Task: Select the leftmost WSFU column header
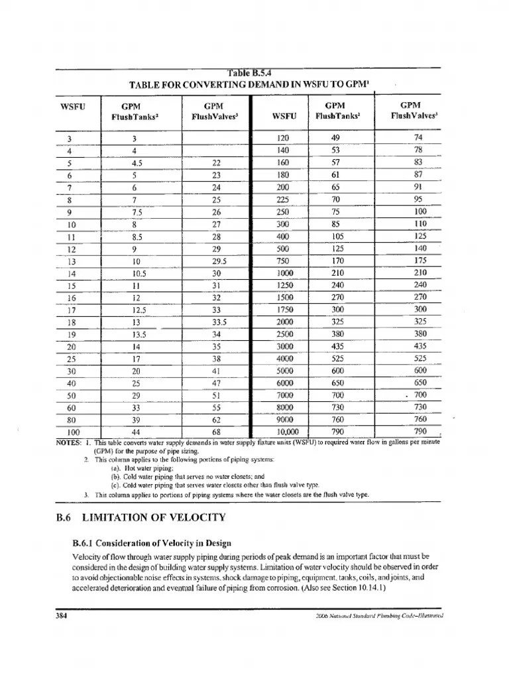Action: click(68, 105)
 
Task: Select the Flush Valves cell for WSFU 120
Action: click(418, 137)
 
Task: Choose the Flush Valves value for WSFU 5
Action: click(215, 162)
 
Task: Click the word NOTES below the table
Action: click(68, 442)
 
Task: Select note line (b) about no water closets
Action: click(188, 476)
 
